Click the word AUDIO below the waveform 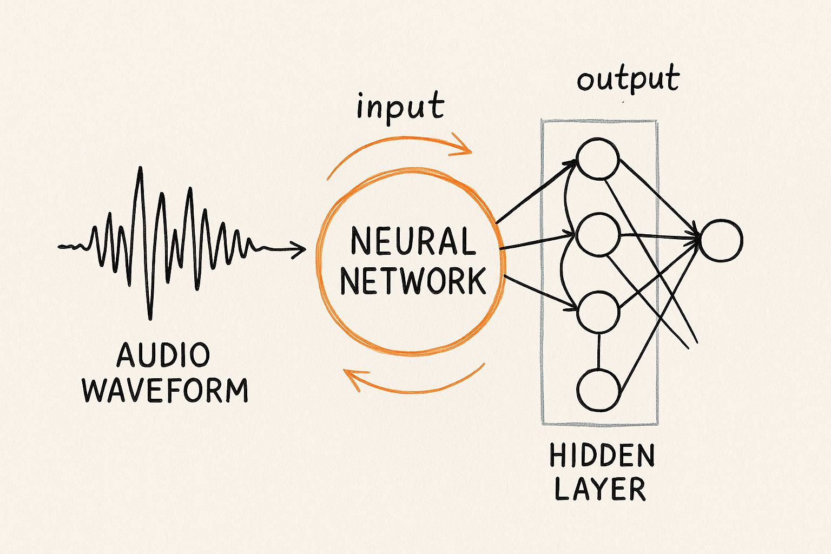tap(163, 355)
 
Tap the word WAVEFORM tap(165, 390)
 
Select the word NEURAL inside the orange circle tap(413, 241)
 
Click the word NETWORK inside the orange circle tap(413, 281)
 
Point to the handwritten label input tap(400, 107)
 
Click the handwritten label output tap(628, 79)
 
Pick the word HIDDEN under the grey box tap(602, 457)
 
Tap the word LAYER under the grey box tap(600, 489)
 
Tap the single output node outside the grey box tap(721, 240)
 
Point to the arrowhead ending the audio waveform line tap(299, 249)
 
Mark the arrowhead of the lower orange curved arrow tap(351, 378)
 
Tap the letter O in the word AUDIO tap(200, 355)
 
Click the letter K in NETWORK tap(474, 281)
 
